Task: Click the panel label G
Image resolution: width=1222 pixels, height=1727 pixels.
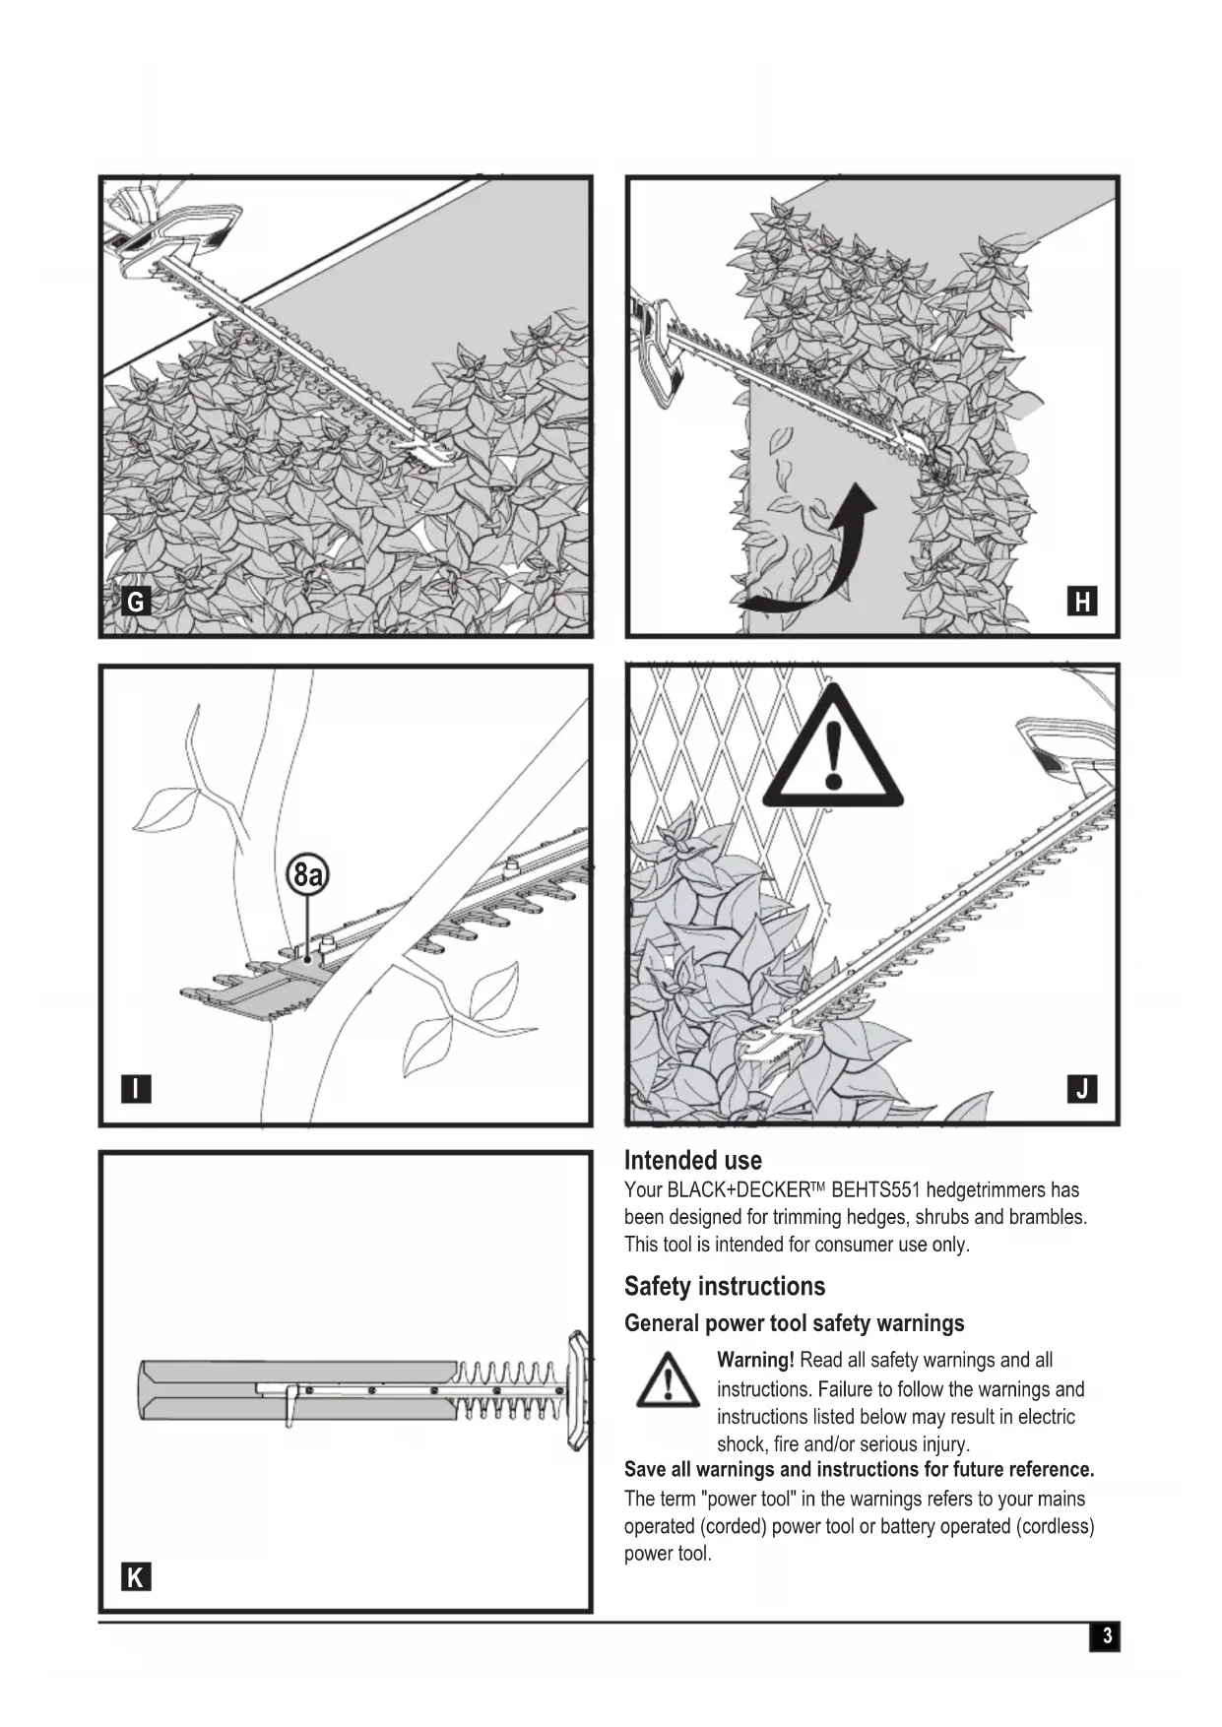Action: pos(136,602)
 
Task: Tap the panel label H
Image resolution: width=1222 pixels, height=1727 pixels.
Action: pos(1082,602)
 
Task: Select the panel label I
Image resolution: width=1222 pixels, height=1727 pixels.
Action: pos(136,1089)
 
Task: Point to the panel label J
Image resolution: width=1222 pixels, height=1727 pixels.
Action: pos(1082,1089)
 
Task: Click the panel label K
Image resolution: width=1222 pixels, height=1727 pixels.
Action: pos(136,1577)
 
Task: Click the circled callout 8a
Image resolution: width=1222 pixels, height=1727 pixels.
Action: pos(308,874)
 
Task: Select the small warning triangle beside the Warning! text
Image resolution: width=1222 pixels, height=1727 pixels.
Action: pos(669,1380)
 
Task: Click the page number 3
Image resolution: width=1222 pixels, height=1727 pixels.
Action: pos(1106,1636)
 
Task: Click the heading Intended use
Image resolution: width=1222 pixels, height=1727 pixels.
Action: pos(692,1160)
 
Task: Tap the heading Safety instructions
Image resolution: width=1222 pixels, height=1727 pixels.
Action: pos(724,1286)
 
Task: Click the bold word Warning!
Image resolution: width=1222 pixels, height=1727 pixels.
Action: pos(755,1361)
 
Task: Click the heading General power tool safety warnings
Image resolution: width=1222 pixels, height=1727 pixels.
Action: pos(794,1323)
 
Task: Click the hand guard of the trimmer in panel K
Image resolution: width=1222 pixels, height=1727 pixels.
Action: pos(577,1390)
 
